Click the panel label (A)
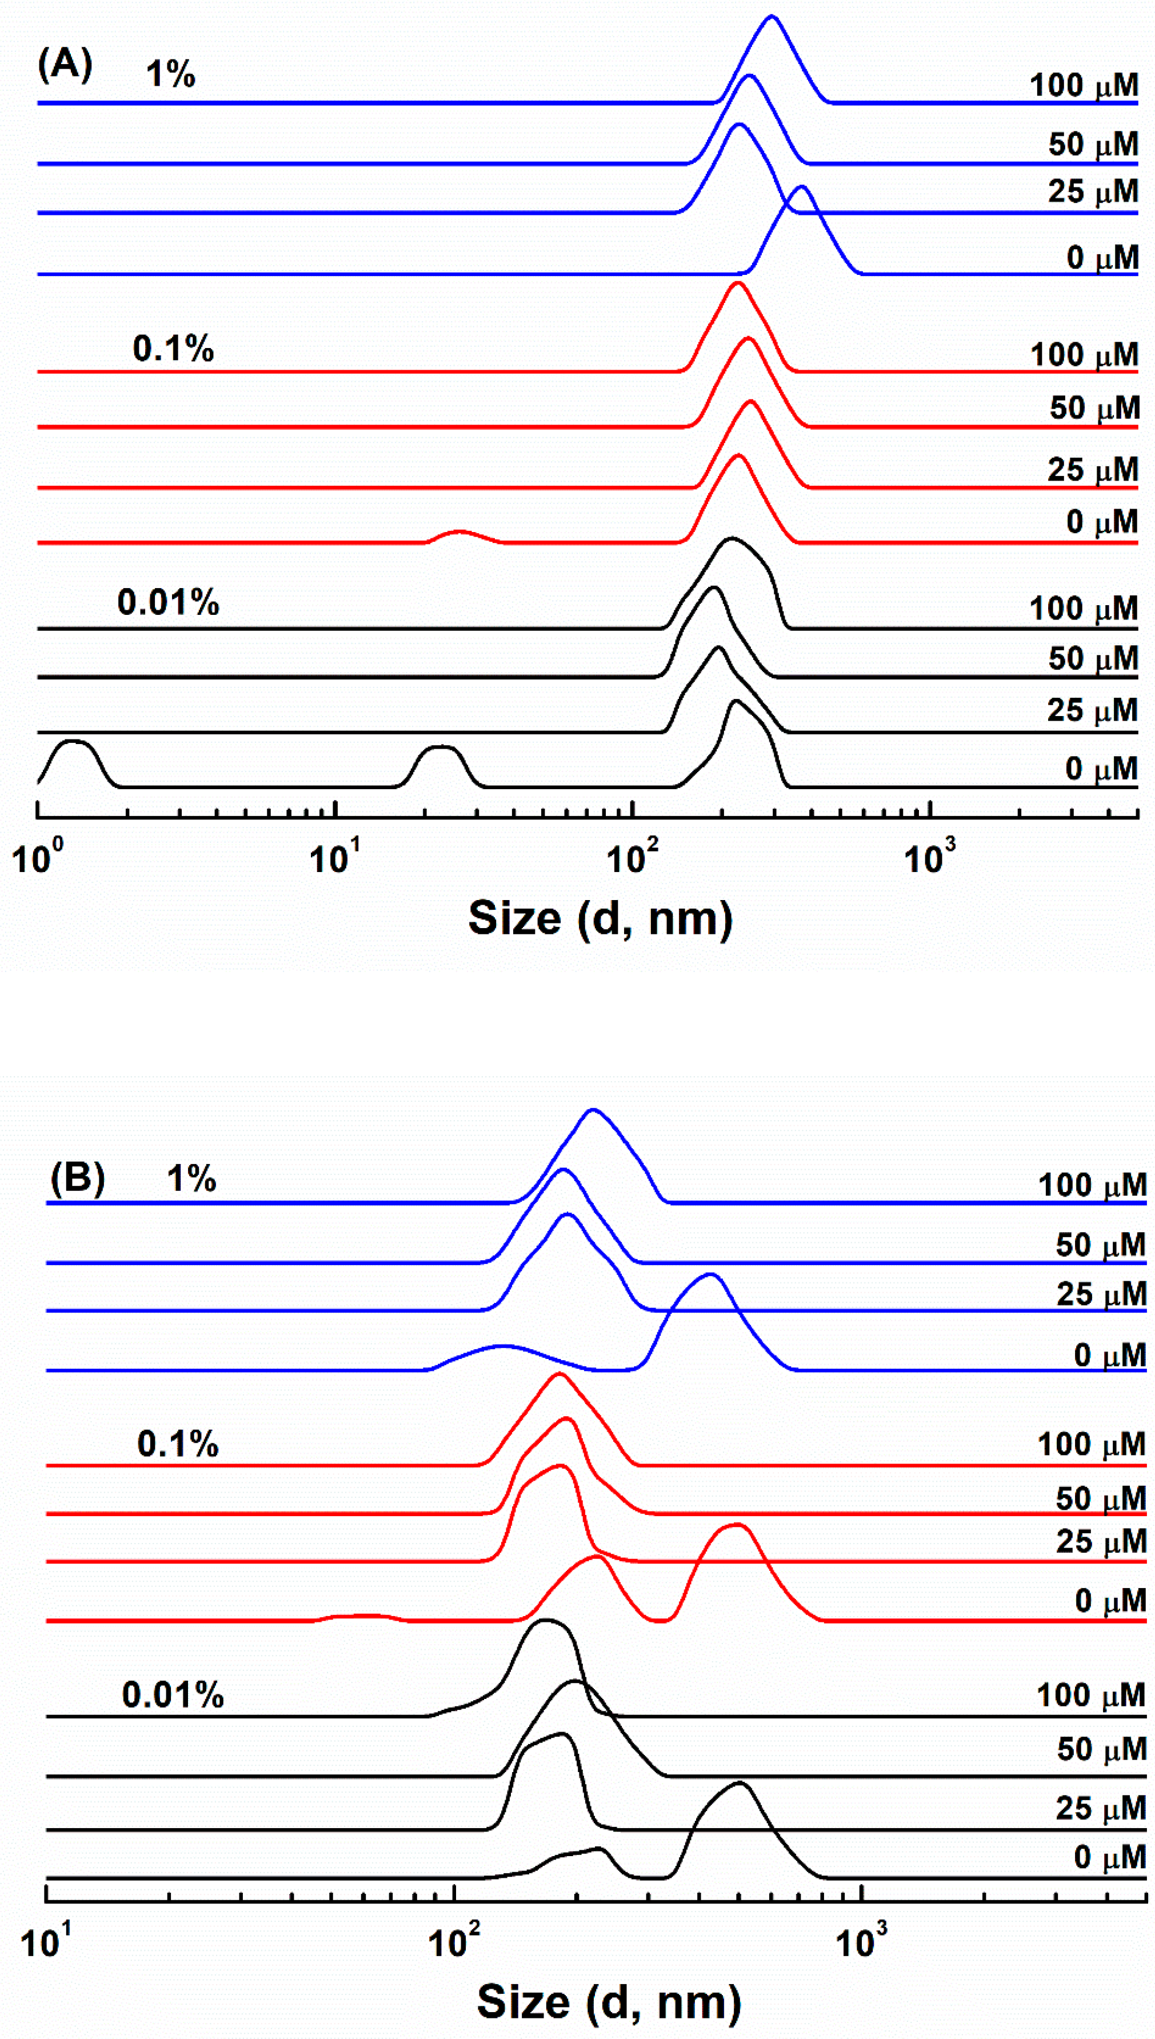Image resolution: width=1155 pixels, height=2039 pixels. tap(65, 64)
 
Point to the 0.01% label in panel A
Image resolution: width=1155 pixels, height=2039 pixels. tap(168, 603)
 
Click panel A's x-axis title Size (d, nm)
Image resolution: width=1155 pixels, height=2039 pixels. tap(601, 918)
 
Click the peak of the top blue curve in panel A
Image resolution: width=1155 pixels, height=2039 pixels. tap(772, 17)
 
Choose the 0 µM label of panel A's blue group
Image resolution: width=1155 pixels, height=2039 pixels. tap(1102, 258)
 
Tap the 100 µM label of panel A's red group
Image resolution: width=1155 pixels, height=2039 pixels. tap(1084, 354)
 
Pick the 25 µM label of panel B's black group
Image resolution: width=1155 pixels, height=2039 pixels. tap(1100, 1809)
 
